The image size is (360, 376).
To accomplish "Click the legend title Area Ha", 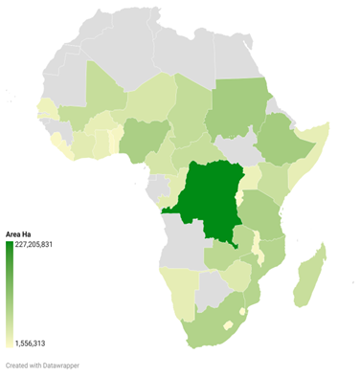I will coord(20,234).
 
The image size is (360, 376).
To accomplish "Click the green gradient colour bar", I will coord(10,293).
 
